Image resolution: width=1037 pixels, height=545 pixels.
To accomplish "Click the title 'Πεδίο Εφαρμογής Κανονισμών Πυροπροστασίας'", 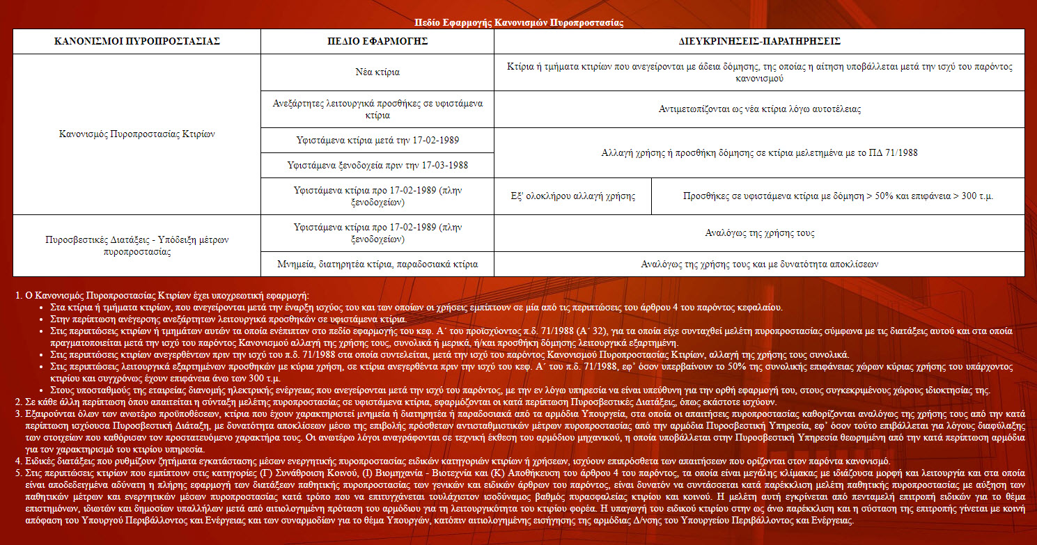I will pos(518,23).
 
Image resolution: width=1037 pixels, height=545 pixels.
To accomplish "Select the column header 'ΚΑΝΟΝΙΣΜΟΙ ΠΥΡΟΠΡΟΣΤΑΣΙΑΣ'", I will pos(137,42).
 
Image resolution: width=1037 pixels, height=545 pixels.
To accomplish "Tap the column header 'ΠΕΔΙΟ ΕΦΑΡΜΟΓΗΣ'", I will pos(377,42).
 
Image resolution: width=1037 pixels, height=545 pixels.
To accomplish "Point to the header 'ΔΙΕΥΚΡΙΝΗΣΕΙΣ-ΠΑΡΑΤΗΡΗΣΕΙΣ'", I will pos(759,42).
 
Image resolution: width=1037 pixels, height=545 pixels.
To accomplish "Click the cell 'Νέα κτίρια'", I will pos(377,72).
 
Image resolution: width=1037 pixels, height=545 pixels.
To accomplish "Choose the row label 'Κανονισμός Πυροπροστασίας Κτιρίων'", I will pos(137,134).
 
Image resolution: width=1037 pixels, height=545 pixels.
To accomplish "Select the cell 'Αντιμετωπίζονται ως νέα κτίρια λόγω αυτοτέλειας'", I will pos(759,109).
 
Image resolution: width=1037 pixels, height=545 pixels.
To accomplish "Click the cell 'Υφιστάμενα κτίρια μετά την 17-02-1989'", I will pos(377,141).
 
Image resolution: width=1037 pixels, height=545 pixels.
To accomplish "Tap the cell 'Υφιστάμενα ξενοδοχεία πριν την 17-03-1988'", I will pos(377,166).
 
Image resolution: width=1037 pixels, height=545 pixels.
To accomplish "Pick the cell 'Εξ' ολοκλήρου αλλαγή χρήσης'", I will pos(573,196).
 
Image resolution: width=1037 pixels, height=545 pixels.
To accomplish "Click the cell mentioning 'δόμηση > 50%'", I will pos(838,196).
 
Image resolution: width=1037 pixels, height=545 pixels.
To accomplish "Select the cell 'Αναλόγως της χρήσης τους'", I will pos(759,233).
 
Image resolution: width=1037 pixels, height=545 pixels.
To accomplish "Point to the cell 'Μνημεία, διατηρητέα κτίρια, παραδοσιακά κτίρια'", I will pos(377,264).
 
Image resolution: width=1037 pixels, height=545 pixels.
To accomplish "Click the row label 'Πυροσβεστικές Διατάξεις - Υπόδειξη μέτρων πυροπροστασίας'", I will pos(137,246).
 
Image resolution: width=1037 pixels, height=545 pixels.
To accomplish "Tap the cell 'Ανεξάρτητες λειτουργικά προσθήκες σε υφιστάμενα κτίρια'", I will pos(377,109).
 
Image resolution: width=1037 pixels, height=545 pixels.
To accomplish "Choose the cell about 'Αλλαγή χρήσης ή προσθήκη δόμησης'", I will pos(759,153).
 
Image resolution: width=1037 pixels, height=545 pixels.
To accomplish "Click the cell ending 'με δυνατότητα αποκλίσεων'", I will pos(759,264).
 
